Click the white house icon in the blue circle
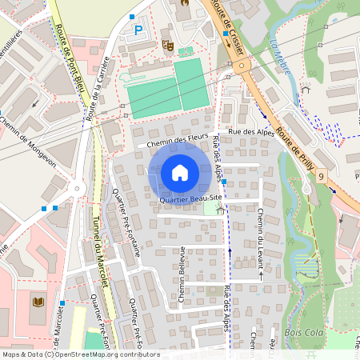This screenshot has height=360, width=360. pos(180,172)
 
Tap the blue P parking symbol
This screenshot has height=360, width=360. pos(138,30)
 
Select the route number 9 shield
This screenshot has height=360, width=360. pos(322,175)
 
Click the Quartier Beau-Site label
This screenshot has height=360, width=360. pos(190,199)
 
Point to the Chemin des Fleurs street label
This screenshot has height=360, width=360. pos(172,140)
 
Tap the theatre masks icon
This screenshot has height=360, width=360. pos(167,45)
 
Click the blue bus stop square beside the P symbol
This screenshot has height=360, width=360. pos(132,17)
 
